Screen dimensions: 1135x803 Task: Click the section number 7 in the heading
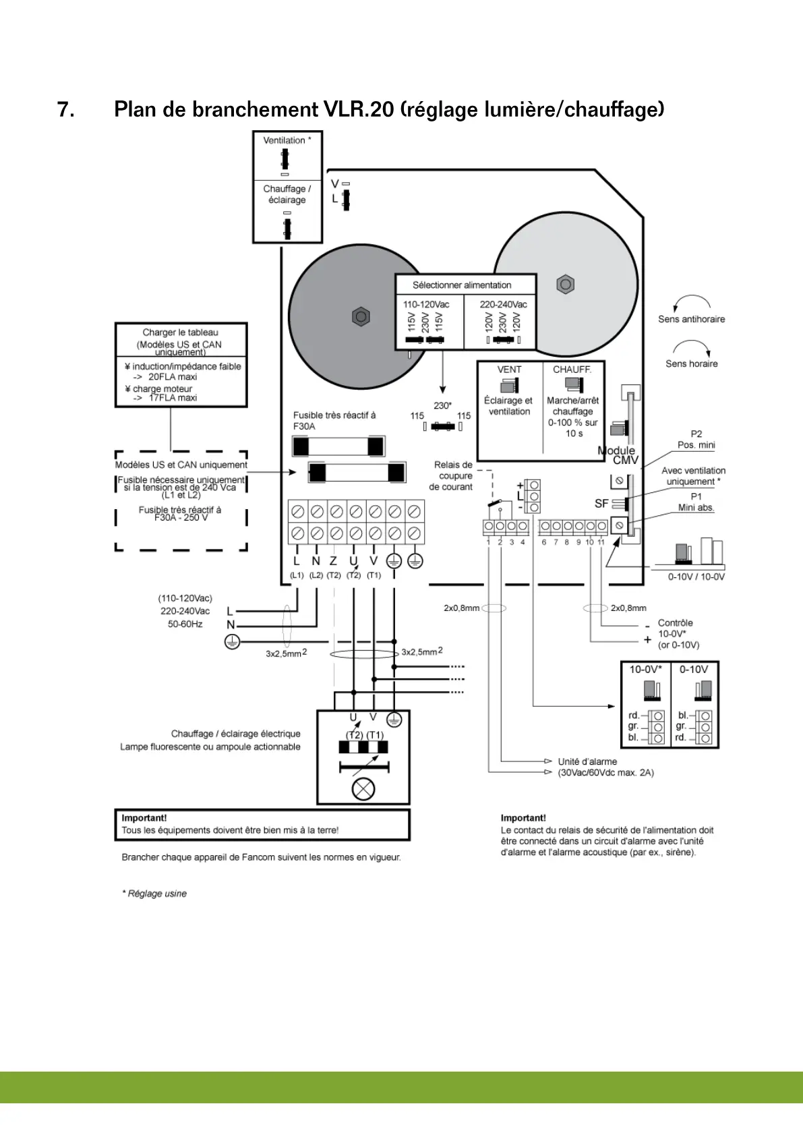[65, 110]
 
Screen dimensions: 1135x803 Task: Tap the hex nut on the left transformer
[361, 316]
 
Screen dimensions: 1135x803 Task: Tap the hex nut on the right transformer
[566, 285]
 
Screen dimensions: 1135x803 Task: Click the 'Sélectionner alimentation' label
[462, 285]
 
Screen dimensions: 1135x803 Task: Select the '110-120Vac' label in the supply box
[426, 304]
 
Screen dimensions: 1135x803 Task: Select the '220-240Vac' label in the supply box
[503, 304]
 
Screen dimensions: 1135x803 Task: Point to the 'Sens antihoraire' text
[691, 319]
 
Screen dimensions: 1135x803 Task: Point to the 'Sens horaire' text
[691, 363]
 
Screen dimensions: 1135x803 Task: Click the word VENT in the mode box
[509, 370]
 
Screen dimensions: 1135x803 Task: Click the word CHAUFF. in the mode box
[572, 370]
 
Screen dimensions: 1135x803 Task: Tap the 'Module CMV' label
[618, 455]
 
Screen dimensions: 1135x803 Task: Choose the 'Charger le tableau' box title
[180, 332]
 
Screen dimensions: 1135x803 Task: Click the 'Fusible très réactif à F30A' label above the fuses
[334, 421]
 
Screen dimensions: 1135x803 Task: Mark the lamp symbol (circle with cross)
[363, 788]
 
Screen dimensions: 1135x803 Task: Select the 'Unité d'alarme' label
[587, 761]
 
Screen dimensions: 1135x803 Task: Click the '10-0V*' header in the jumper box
[645, 670]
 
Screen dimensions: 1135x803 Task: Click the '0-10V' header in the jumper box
[694, 670]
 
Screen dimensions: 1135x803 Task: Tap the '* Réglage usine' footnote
[154, 894]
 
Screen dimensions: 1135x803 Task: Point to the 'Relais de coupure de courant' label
[452, 475]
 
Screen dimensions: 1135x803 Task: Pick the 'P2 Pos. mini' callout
[696, 440]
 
